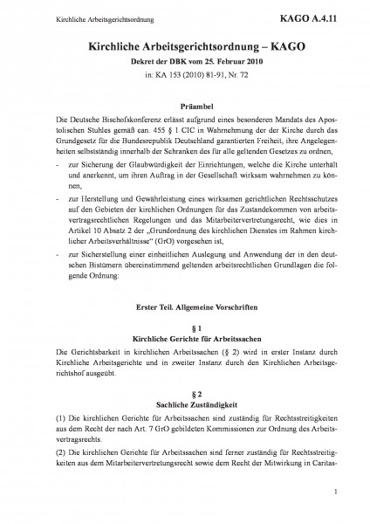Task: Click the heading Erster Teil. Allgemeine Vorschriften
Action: (186, 307)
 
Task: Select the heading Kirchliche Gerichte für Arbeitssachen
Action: (186, 336)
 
